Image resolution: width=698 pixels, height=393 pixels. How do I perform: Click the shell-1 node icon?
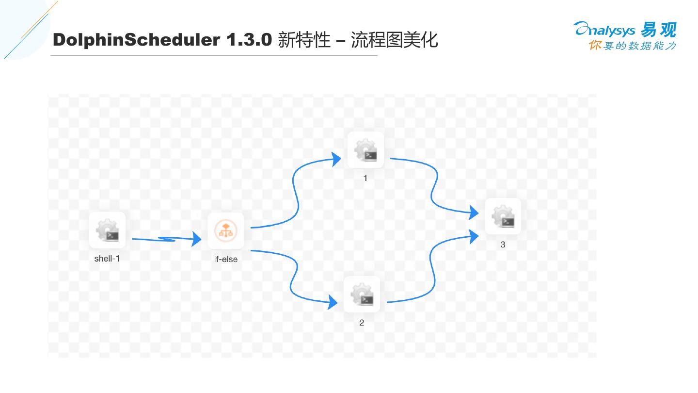pyautogui.click(x=107, y=230)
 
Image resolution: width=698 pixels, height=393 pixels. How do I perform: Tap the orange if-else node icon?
pyautogui.click(x=226, y=231)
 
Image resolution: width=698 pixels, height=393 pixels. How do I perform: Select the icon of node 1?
pyautogui.click(x=365, y=150)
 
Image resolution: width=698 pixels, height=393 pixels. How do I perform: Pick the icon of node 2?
pyautogui.click(x=362, y=295)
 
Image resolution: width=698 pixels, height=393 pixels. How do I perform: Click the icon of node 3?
pyautogui.click(x=503, y=216)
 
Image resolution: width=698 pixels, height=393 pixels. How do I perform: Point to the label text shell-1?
pyautogui.click(x=107, y=259)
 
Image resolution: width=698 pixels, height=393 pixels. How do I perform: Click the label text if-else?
pyautogui.click(x=226, y=259)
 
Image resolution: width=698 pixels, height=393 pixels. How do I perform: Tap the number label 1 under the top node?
pyautogui.click(x=365, y=178)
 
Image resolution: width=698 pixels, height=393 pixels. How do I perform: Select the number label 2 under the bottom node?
pyautogui.click(x=362, y=323)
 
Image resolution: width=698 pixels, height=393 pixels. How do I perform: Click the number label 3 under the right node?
pyautogui.click(x=503, y=245)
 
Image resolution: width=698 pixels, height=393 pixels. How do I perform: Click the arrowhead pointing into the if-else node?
pyautogui.click(x=196, y=239)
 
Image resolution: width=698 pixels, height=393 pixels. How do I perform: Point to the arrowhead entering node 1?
pyautogui.click(x=336, y=159)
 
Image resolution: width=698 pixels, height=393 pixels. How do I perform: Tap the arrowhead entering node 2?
pyautogui.click(x=333, y=302)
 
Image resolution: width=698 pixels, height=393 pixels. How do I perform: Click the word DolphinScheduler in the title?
pyautogui.click(x=137, y=40)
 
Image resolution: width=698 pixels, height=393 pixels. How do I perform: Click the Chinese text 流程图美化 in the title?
pyautogui.click(x=394, y=40)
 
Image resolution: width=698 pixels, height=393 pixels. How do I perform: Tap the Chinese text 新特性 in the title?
pyautogui.click(x=303, y=40)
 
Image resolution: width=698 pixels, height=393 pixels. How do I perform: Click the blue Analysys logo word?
pyautogui.click(x=604, y=31)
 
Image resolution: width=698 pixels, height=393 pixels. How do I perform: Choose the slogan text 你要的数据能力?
pyautogui.click(x=632, y=46)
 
